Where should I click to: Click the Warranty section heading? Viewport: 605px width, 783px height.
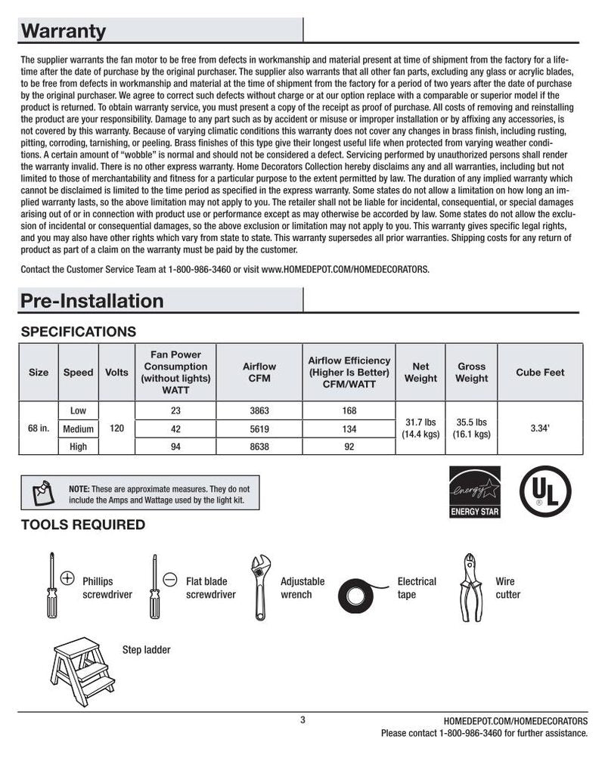pyautogui.click(x=64, y=32)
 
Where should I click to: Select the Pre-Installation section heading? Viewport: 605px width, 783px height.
pyautogui.click(x=92, y=301)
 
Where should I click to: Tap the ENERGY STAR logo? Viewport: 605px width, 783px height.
pyautogui.click(x=475, y=491)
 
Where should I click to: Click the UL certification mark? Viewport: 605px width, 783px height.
pyautogui.click(x=545, y=491)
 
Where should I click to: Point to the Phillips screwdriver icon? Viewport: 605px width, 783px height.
pyautogui.click(x=53, y=587)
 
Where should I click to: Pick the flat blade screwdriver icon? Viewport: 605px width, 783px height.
pyautogui.click(x=156, y=587)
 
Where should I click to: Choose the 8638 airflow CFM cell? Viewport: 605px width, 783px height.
pyautogui.click(x=259, y=447)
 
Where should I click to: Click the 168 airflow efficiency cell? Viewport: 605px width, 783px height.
pyautogui.click(x=349, y=411)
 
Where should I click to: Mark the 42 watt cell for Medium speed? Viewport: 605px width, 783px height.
pyautogui.click(x=175, y=429)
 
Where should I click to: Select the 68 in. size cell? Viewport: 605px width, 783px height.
pyautogui.click(x=39, y=429)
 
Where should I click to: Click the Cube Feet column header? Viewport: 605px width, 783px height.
pyautogui.click(x=540, y=373)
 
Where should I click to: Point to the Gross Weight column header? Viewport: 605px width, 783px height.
pyautogui.click(x=471, y=373)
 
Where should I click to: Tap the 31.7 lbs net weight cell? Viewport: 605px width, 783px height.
pyautogui.click(x=420, y=428)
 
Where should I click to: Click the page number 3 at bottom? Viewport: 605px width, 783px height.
pyautogui.click(x=302, y=720)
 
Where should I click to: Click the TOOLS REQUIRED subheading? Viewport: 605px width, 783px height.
pyautogui.click(x=83, y=525)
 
